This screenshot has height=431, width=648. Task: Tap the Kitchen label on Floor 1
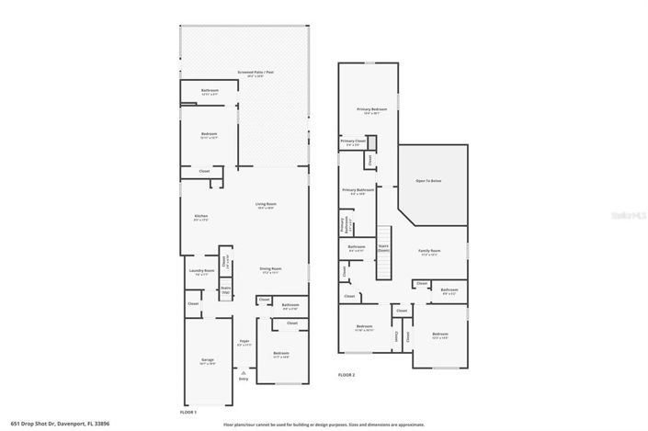(200, 217)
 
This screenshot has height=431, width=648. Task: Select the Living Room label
(267, 205)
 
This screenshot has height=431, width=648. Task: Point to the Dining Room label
(270, 269)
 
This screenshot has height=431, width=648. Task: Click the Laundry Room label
(201, 271)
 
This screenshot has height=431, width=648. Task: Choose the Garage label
(208, 359)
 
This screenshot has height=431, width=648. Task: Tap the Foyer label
(244, 342)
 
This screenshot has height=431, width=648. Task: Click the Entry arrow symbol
(244, 372)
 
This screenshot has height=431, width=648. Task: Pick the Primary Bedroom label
(372, 110)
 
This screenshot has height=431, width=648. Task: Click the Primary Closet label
(353, 142)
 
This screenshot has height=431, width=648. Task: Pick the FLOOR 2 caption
(346, 375)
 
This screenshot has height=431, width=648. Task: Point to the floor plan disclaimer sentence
(324, 425)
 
